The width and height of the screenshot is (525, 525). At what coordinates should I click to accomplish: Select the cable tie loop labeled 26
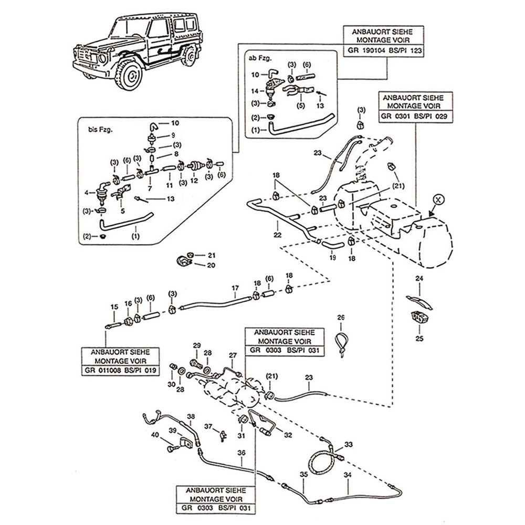(343, 341)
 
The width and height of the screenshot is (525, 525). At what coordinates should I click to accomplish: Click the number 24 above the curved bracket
(419, 279)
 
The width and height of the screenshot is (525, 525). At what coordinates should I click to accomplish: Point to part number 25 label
(419, 339)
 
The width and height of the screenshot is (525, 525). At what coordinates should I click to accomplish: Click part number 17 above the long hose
(236, 288)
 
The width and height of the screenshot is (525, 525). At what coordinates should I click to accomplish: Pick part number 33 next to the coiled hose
(349, 444)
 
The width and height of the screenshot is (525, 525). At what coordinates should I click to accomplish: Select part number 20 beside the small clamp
(211, 265)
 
